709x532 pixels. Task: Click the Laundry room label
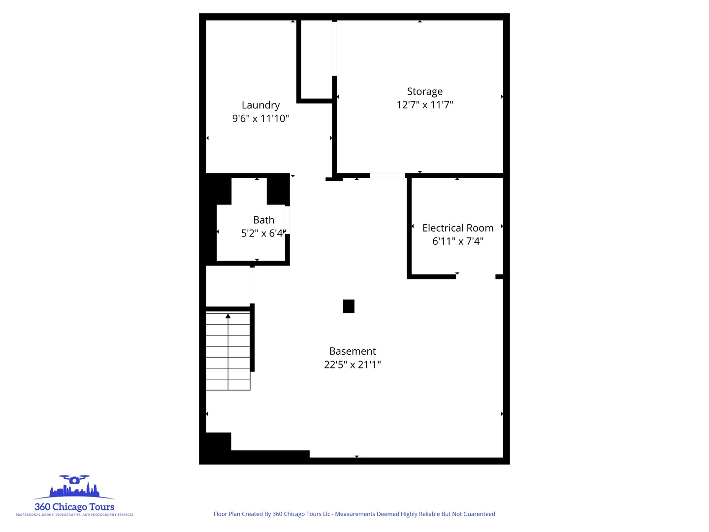(260, 105)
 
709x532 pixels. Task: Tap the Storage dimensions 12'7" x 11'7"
(424, 105)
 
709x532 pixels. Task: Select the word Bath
(263, 220)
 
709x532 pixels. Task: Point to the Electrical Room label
(457, 228)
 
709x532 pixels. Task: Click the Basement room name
(353, 351)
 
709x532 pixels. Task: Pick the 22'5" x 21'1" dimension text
(353, 365)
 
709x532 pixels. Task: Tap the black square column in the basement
(349, 306)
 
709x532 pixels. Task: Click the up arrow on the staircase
(228, 316)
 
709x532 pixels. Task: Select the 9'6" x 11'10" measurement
(260, 119)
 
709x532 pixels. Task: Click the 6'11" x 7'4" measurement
(457, 241)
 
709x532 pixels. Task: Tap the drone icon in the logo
(74, 479)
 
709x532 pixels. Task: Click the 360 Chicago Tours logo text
(74, 507)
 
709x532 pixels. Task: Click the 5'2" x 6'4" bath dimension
(262, 233)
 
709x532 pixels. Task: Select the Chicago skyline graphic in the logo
(74, 491)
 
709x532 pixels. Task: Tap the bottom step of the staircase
(228, 385)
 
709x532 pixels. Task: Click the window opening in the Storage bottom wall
(387, 175)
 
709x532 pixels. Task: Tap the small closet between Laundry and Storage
(317, 59)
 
